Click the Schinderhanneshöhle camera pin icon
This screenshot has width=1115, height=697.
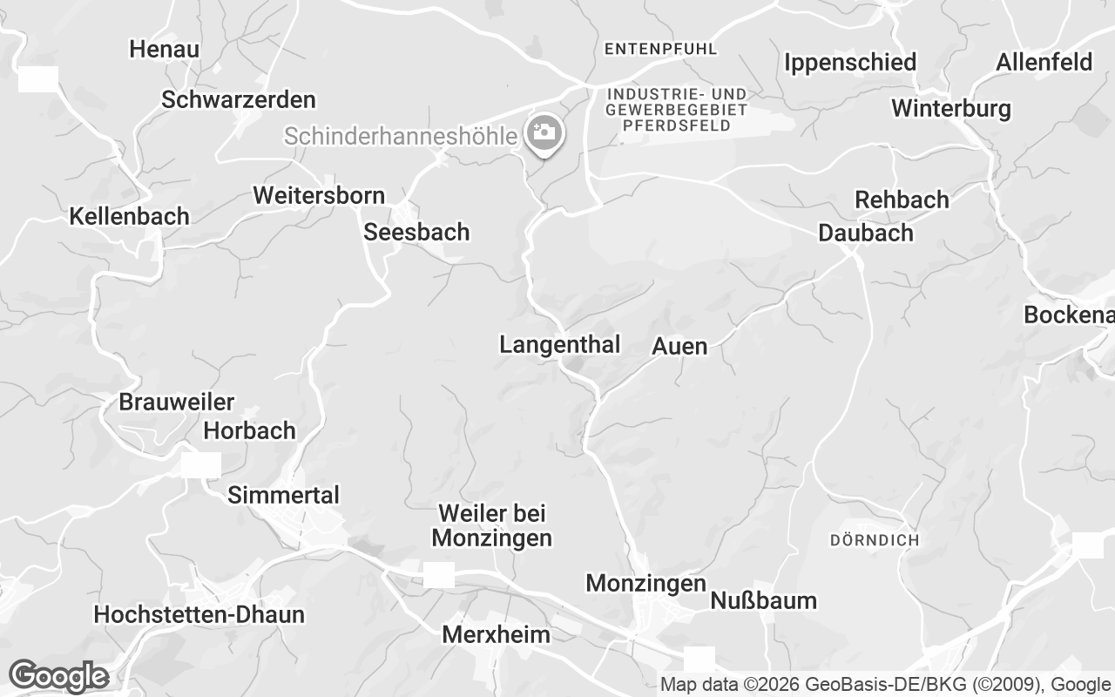[545, 134]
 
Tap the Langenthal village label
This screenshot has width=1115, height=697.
[559, 345]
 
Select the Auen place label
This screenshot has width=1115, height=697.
[679, 347]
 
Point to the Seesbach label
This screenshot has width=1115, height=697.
[416, 233]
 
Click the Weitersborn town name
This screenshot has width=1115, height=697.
[319, 195]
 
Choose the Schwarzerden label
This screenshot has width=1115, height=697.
[239, 100]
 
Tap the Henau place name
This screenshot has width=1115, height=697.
[165, 50]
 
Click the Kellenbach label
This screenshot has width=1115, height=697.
[129, 217]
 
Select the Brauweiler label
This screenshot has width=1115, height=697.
[177, 403]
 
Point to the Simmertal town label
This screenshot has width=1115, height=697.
[283, 496]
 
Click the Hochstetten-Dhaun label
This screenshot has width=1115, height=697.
[199, 615]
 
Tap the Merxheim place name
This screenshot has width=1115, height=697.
[496, 635]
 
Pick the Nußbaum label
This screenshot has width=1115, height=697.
[763, 601]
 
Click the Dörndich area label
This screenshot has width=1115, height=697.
[874, 540]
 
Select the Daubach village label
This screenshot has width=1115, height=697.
[866, 233]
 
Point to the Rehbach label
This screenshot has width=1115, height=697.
[902, 200]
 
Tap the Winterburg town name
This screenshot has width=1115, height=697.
[951, 109]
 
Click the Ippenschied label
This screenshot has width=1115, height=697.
[850, 63]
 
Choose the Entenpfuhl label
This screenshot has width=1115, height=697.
[660, 50]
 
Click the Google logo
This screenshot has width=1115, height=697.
[58, 676]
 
